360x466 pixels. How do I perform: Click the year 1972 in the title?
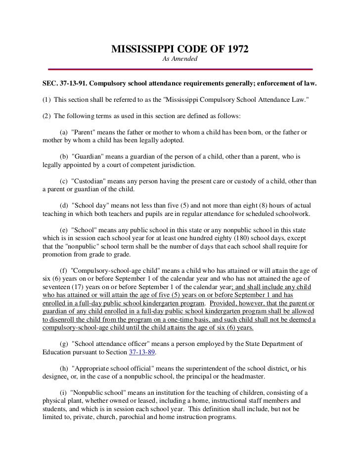click(236, 49)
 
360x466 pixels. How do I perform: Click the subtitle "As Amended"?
click(180, 59)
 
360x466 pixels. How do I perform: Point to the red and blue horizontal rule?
click(180, 69)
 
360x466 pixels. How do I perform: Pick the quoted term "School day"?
click(88, 205)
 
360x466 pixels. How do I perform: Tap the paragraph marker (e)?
click(64, 230)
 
